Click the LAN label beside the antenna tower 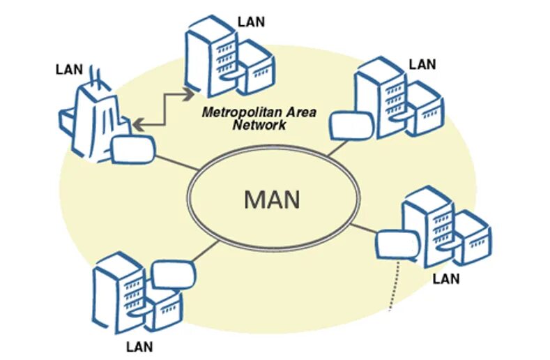tap(69, 69)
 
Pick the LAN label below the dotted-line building tap(446, 278)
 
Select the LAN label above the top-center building tap(251, 20)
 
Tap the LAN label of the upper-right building tap(422, 64)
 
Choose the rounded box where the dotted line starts tap(395, 245)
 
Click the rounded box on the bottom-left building tap(171, 273)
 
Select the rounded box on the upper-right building tap(346, 126)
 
